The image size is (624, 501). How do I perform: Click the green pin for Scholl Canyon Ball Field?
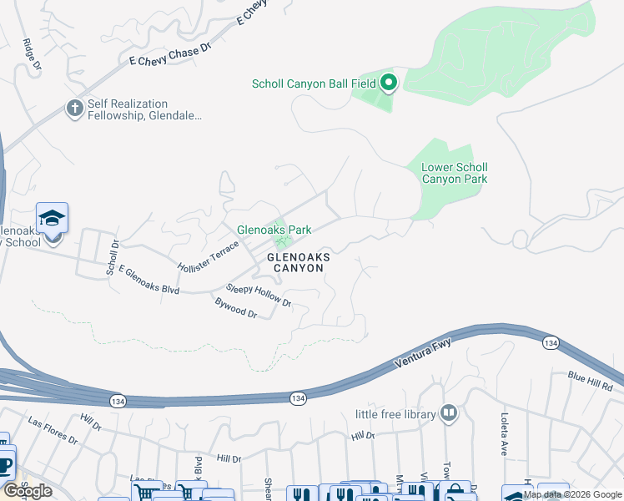[x=389, y=83]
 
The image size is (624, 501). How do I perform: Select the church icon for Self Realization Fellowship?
[x=74, y=108]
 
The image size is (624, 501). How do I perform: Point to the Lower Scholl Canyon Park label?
[x=454, y=173]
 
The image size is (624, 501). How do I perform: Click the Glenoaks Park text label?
[x=274, y=229]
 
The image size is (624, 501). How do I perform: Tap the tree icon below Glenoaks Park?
[x=285, y=242]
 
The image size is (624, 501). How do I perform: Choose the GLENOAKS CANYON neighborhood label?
[x=295, y=263]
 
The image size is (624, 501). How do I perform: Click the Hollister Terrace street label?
[x=209, y=256]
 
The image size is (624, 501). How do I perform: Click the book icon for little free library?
[x=449, y=412]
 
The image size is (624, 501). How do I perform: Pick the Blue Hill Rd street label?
[x=590, y=382]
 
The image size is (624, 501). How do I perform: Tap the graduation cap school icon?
[x=52, y=219]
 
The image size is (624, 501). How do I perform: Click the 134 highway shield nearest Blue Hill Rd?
[x=550, y=343]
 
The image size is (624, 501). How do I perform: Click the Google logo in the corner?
[x=27, y=490]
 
